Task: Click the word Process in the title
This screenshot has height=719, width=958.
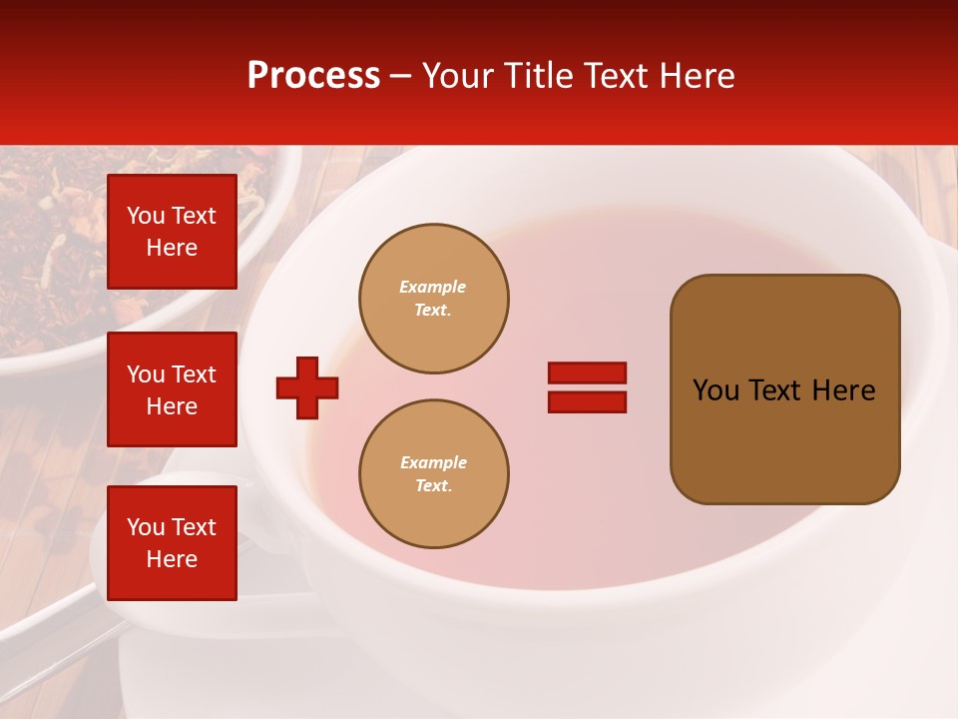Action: tap(313, 76)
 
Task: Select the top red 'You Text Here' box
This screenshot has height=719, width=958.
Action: tap(172, 232)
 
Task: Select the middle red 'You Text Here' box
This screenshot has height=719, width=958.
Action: tap(172, 389)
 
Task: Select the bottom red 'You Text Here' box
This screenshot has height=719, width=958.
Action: tap(172, 543)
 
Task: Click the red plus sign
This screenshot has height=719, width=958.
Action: tap(307, 387)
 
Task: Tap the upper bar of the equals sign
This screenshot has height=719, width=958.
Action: tap(587, 372)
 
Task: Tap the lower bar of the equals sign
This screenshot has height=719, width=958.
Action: tap(587, 402)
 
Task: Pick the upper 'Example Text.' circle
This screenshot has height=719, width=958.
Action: tap(433, 299)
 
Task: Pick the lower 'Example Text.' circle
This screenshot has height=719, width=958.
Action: tap(433, 474)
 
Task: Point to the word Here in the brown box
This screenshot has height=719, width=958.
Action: tap(843, 390)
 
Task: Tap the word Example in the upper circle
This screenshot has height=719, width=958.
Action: tap(433, 287)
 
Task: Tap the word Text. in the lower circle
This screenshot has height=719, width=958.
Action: tap(433, 486)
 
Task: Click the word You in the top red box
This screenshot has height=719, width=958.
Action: tap(146, 216)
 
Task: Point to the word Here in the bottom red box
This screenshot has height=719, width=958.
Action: tap(172, 559)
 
